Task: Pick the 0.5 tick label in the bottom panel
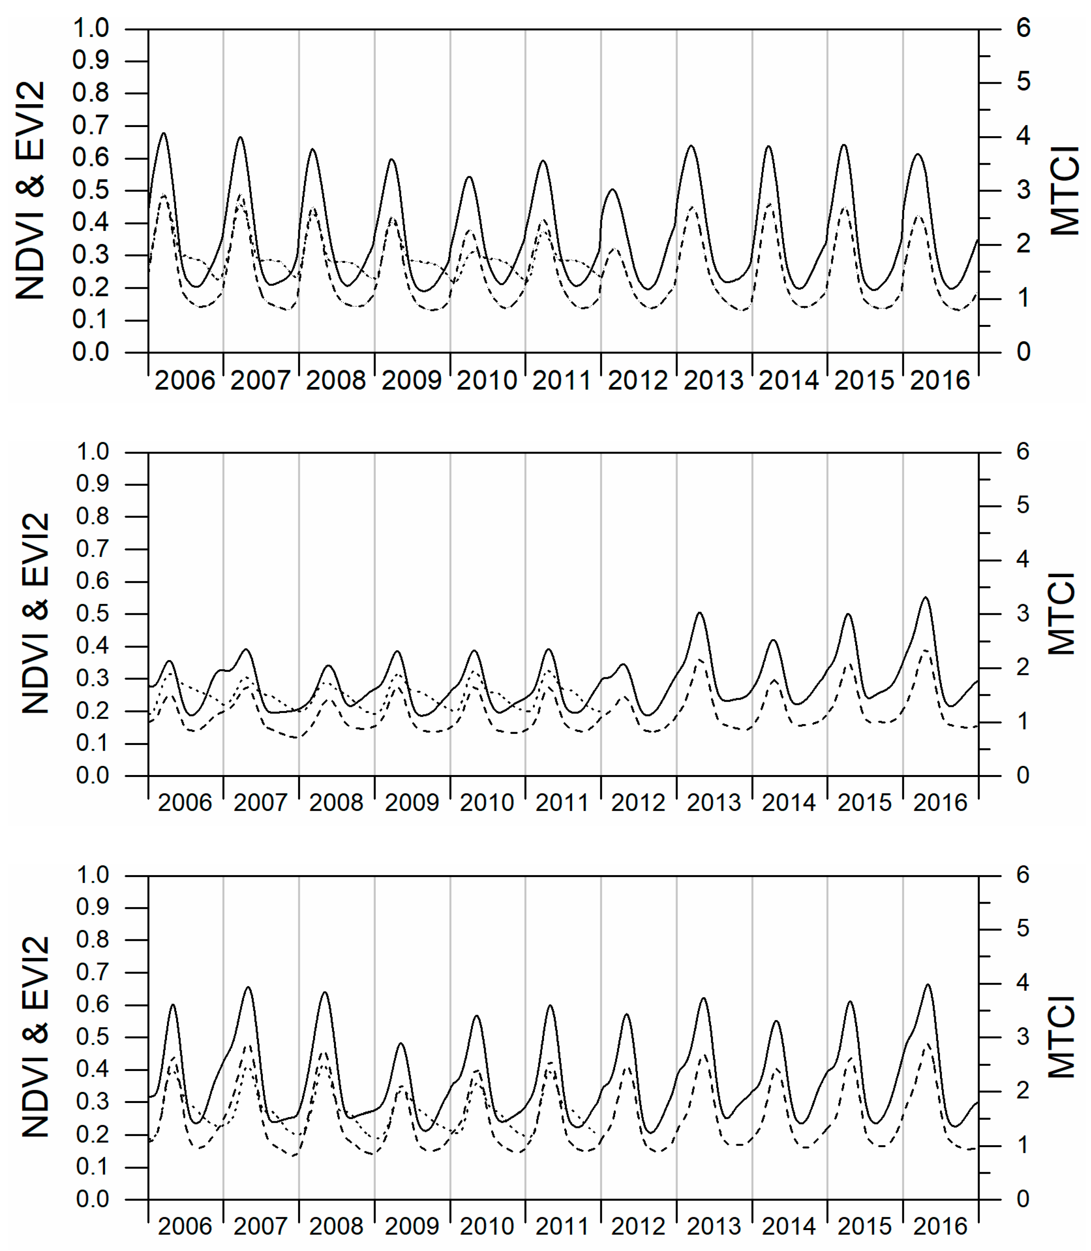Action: [x=92, y=1037]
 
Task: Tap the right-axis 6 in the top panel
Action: [x=1023, y=28]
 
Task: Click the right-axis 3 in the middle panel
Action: [x=1023, y=614]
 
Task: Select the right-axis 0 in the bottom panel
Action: [x=1023, y=1199]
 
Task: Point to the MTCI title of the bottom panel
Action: [x=1062, y=1037]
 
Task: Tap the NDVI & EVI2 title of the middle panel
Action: [x=35, y=614]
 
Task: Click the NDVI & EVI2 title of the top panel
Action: [x=30, y=191]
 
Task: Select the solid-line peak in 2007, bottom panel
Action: [x=248, y=987]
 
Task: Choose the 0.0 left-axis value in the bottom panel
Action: [x=92, y=1199]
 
